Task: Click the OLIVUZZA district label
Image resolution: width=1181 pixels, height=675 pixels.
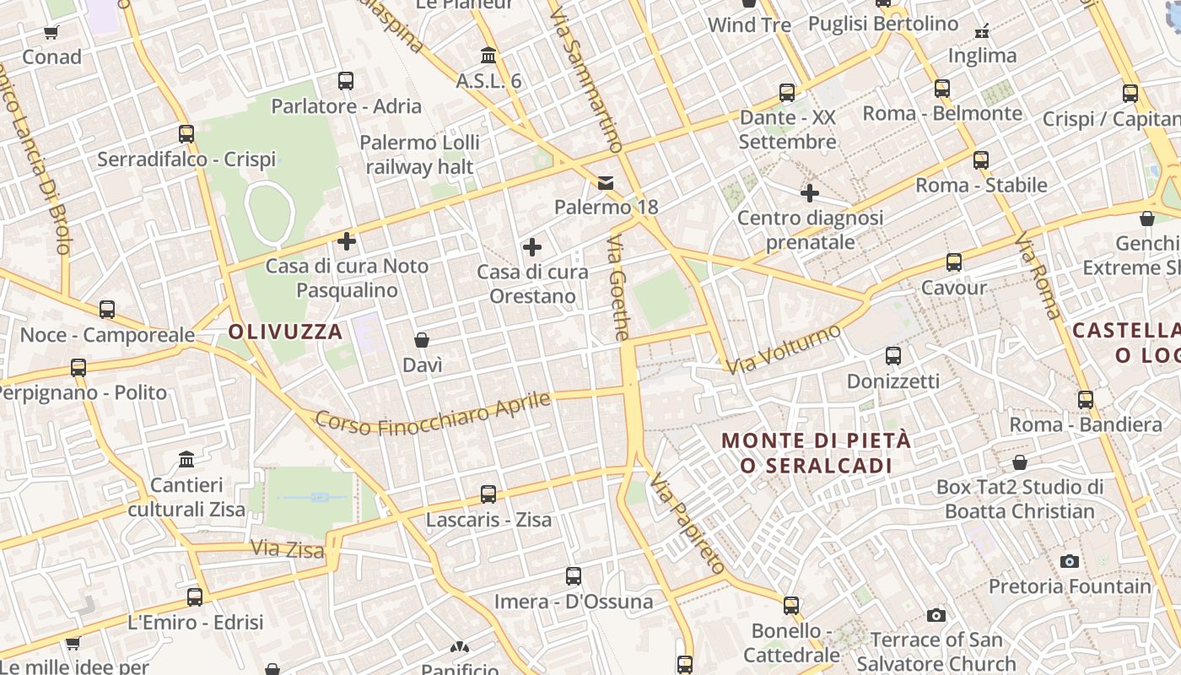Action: click(285, 332)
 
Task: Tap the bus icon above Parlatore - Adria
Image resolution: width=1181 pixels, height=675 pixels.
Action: click(346, 81)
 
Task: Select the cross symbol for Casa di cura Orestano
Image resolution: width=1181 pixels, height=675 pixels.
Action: click(532, 247)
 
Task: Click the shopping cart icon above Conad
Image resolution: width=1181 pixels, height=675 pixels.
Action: click(51, 32)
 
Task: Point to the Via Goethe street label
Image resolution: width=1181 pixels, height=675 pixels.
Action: click(619, 288)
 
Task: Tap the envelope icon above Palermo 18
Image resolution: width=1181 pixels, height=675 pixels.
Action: click(606, 182)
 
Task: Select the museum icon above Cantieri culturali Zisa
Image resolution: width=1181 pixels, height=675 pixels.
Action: click(186, 460)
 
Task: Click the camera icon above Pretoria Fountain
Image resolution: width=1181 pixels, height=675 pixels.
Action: click(1070, 561)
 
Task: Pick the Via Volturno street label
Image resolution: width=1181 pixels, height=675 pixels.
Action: click(784, 348)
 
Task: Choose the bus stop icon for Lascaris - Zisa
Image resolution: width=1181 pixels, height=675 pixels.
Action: click(488, 494)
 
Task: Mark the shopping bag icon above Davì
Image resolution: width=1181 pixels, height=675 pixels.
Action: click(422, 340)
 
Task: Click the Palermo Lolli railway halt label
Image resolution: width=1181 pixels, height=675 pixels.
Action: click(419, 154)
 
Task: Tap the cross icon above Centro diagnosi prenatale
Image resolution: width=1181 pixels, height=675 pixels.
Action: click(810, 193)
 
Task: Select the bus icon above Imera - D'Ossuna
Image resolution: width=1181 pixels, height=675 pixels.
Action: click(574, 576)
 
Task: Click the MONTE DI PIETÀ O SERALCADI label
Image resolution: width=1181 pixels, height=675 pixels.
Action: click(817, 453)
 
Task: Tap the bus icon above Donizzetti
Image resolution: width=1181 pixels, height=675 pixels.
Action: click(893, 356)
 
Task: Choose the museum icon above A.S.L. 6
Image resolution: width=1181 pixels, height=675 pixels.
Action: click(488, 56)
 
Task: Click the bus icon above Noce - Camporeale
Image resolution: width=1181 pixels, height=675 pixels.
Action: click(107, 310)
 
